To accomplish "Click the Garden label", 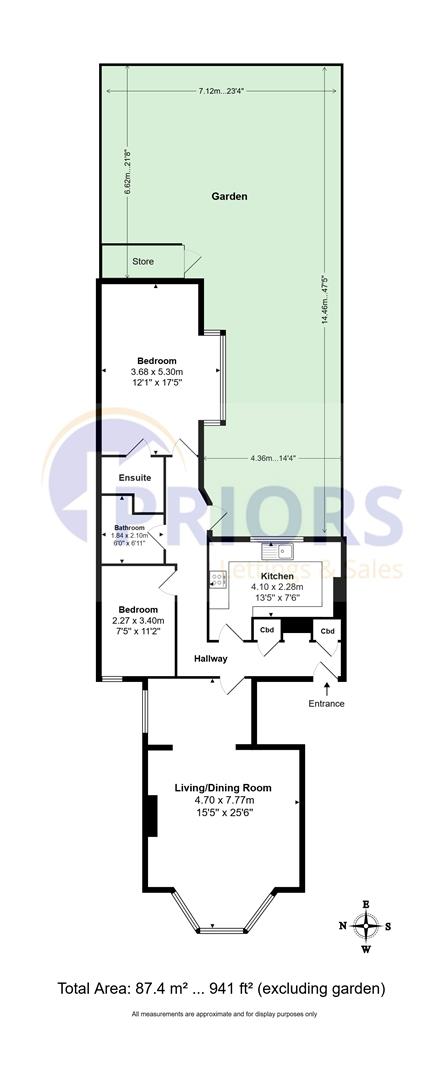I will point(229,197).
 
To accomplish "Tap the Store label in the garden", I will point(144,262).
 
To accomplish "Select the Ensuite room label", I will point(135,477).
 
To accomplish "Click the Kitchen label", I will point(276,577).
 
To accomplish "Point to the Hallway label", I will point(211,658).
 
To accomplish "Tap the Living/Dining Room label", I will point(223,787).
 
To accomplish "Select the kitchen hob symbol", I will point(217,579).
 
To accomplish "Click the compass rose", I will point(366,925).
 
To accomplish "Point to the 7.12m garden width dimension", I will point(216,91).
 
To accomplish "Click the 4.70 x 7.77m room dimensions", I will point(223,800).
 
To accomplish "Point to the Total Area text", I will point(221,989).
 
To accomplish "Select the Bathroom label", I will point(129,527).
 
